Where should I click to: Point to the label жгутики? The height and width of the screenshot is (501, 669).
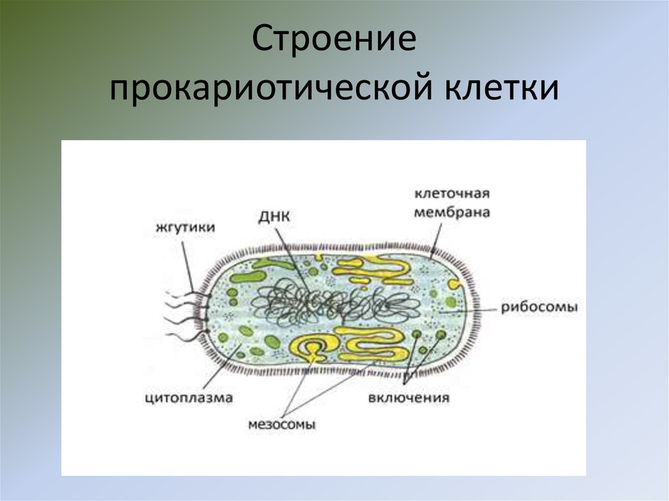(x=186, y=227)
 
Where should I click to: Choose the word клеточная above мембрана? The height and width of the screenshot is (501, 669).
(x=452, y=195)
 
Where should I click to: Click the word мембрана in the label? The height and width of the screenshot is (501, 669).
(x=452, y=212)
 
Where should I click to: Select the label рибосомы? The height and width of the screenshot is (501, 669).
(x=540, y=306)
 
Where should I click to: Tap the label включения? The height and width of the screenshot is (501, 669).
(x=408, y=398)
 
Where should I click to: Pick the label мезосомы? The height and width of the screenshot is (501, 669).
(x=282, y=424)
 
